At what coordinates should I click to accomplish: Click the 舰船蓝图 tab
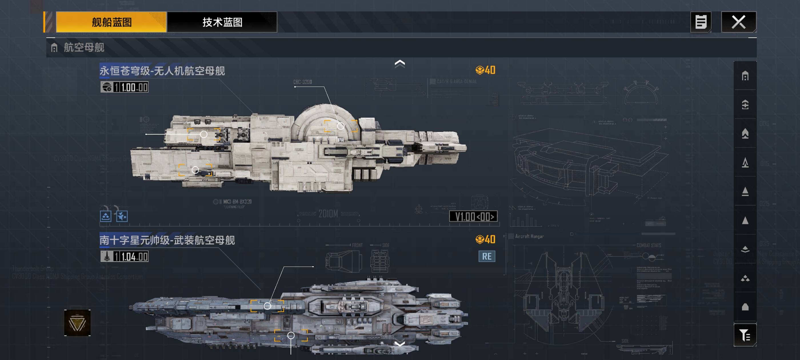(111, 22)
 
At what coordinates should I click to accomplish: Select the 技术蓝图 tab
(222, 22)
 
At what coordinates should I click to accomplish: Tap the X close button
(738, 22)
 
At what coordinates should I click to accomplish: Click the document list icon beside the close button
(700, 22)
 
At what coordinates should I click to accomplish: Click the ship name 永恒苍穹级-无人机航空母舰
(162, 71)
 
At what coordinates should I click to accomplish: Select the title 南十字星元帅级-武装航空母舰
(167, 240)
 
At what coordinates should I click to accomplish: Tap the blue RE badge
(487, 256)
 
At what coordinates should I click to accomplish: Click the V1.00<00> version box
(473, 216)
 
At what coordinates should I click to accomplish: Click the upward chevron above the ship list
(400, 64)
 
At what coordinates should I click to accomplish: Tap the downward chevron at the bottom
(400, 343)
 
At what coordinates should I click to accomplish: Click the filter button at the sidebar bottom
(745, 335)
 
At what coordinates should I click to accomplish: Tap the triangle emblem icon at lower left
(77, 323)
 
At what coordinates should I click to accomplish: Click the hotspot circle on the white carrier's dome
(341, 126)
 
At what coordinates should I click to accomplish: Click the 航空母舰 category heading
(84, 47)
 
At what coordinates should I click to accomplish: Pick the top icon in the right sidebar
(745, 76)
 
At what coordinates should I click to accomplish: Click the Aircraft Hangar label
(529, 236)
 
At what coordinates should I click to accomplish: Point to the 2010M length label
(328, 214)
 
